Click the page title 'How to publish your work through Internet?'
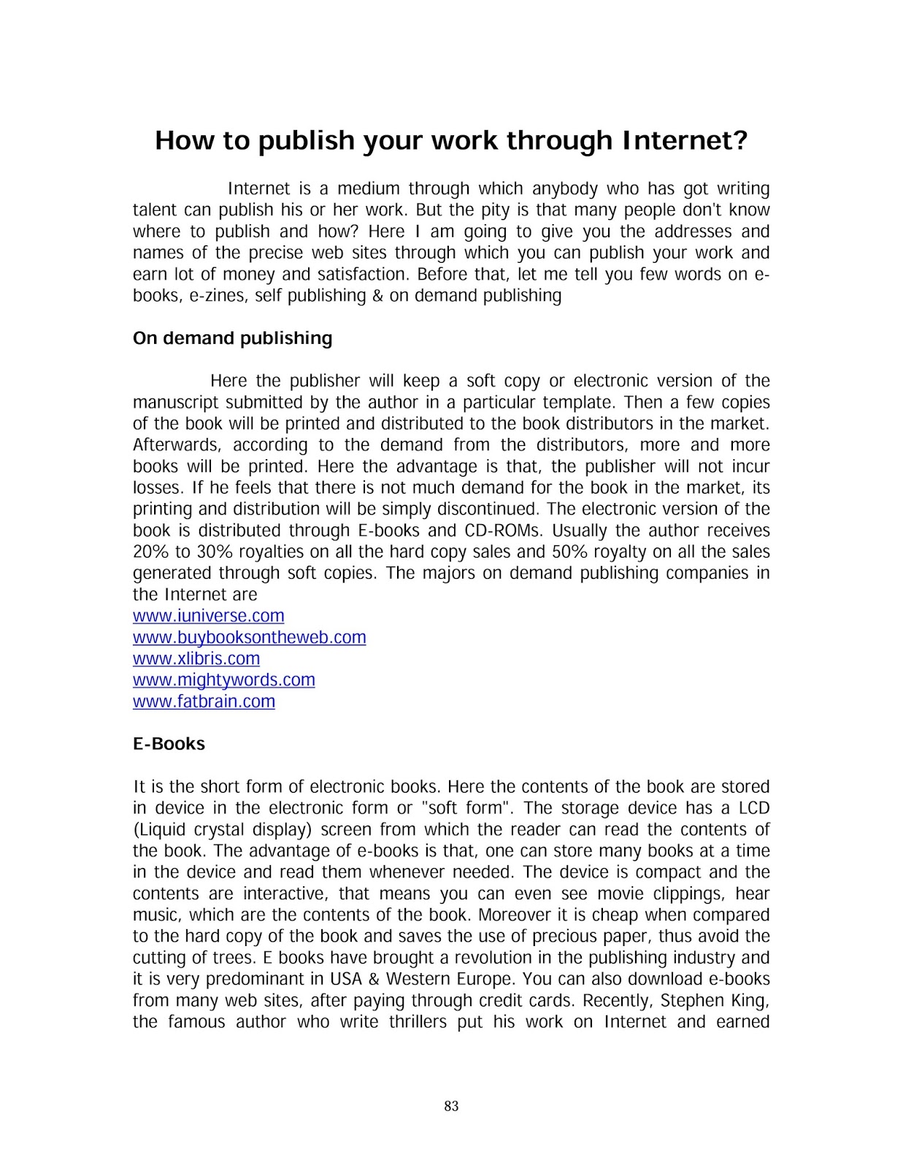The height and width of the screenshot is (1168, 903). pos(451,140)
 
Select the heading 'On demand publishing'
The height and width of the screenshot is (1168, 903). pos(232,338)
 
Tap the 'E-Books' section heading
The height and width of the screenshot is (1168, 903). pos(169,744)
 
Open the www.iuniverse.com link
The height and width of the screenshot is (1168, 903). pos(208,616)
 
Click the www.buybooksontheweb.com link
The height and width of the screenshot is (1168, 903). pos(249,637)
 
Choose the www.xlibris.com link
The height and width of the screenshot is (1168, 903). pos(196,658)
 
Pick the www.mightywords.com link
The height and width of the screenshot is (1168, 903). pos(223,680)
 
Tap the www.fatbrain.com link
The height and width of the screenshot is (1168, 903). pos(204,702)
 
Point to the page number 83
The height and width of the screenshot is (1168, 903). pos(451,1106)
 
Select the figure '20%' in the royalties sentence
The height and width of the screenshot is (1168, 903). pos(150,552)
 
